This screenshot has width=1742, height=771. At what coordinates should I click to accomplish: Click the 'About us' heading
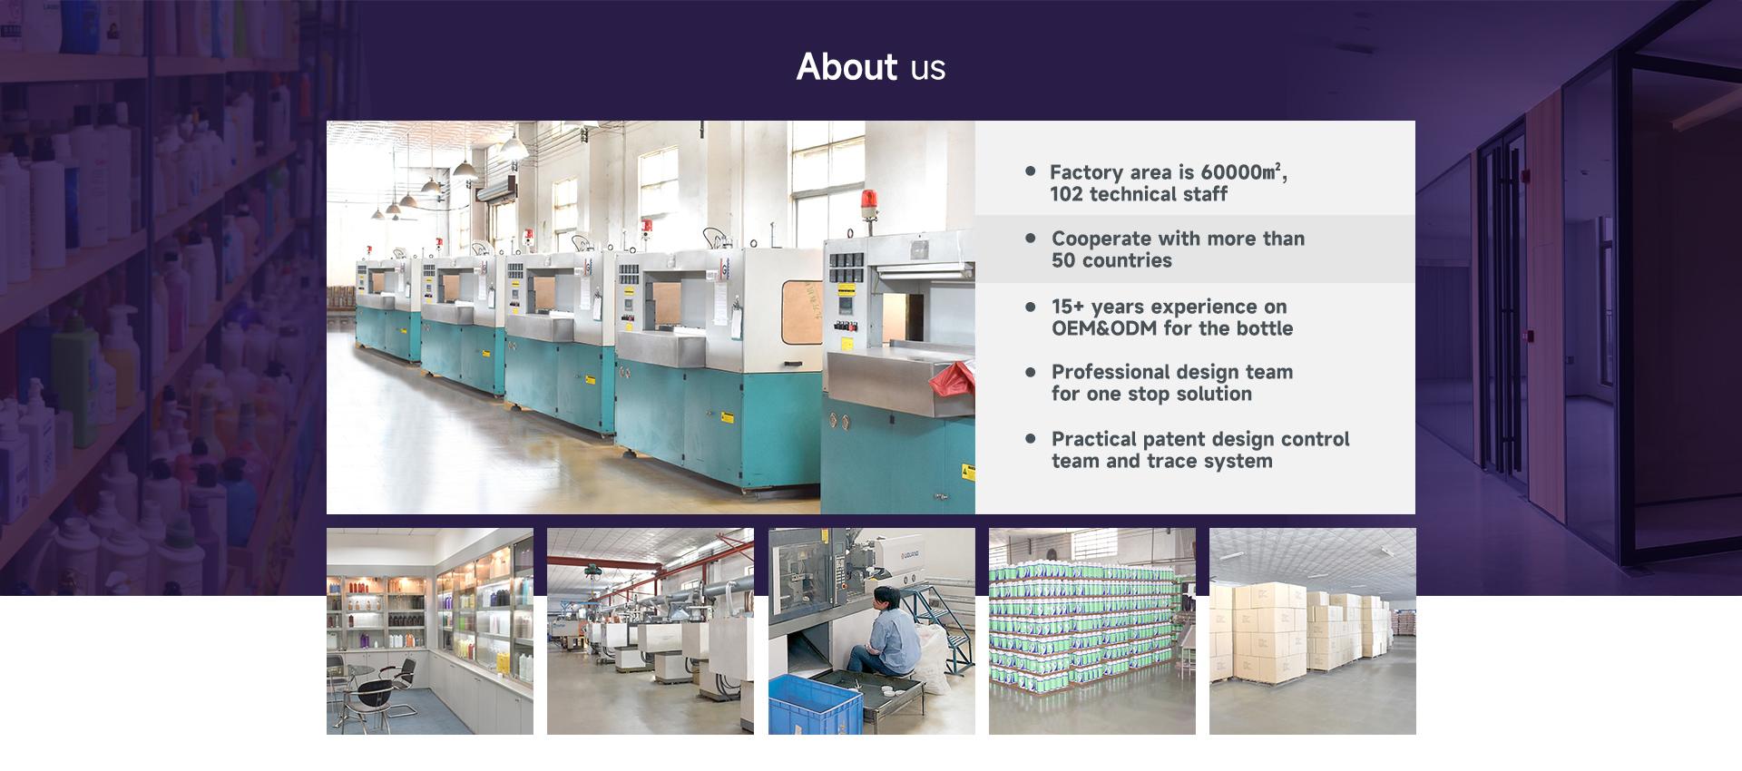[871, 66]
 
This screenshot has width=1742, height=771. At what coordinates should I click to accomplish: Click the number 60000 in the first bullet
[1232, 172]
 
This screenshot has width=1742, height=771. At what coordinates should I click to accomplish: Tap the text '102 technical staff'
[1139, 194]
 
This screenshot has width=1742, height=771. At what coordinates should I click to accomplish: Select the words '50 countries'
[1111, 260]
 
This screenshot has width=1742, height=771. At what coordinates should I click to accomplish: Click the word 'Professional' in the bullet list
[1111, 372]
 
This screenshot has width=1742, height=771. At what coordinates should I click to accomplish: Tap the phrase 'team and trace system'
[1162, 461]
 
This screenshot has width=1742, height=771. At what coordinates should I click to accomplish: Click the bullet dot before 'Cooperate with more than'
[1030, 238]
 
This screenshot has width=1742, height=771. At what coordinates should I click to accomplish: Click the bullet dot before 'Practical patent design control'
[1030, 438]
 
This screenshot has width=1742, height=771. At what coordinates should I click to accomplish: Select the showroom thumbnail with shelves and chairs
[430, 631]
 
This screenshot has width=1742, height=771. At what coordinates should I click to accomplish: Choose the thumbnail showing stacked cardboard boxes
[1312, 631]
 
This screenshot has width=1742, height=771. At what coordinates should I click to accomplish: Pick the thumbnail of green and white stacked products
[1092, 631]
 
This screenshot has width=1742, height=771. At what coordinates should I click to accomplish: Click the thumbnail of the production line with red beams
[651, 631]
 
